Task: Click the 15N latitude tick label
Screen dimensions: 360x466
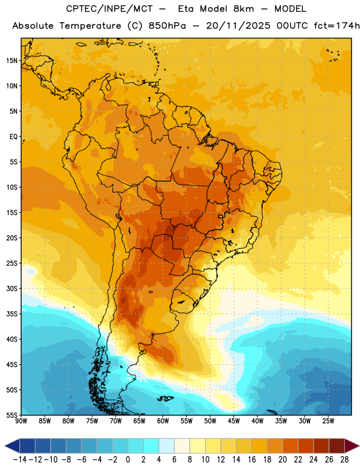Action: click(x=11, y=61)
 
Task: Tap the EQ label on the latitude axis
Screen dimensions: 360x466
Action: click(x=13, y=137)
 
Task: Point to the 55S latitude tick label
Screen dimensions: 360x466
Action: click(x=12, y=415)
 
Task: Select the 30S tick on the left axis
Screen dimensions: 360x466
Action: click(x=12, y=288)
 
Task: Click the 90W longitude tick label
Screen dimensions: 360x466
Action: click(x=21, y=421)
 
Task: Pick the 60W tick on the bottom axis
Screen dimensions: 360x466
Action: click(x=163, y=421)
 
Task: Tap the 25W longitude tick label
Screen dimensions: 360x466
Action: click(x=328, y=421)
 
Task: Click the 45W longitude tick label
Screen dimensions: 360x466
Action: click(x=234, y=421)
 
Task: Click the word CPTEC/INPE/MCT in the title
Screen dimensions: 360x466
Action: click(x=110, y=9)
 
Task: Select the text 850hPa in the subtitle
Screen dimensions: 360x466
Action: click(x=167, y=26)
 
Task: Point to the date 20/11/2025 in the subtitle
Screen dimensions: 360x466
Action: click(x=238, y=26)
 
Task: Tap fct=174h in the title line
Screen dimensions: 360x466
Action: click(x=337, y=26)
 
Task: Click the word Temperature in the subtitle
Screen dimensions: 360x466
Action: click(x=90, y=26)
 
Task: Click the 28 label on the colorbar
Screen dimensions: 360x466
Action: click(x=344, y=460)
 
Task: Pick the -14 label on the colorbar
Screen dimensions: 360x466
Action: click(x=20, y=460)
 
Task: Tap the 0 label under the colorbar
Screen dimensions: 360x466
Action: click(x=128, y=460)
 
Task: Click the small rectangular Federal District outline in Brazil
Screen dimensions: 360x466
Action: click(x=221, y=216)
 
